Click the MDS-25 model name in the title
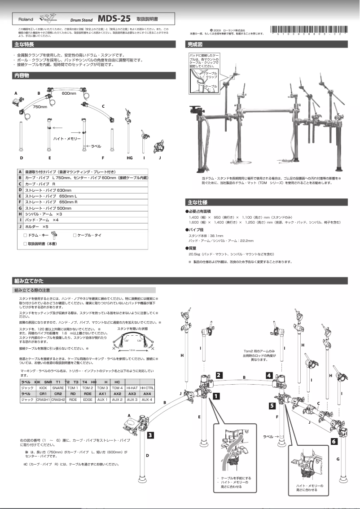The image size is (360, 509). pos(114,19)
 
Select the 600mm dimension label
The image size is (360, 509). pos(68,93)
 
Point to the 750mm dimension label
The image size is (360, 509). pos(40,107)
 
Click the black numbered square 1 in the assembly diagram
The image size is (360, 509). pos(216,396)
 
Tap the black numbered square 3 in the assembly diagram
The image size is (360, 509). pos(151,434)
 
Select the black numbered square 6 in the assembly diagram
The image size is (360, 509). pos(334,441)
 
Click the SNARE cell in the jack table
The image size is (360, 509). pos(58,387)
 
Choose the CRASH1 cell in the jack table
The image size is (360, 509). pos(43,399)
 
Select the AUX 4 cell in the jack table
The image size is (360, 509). pos(147,399)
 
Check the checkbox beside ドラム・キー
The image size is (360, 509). pos(25,235)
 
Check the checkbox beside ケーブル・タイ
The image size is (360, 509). pos(75,235)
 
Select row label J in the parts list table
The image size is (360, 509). pos(20,226)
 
